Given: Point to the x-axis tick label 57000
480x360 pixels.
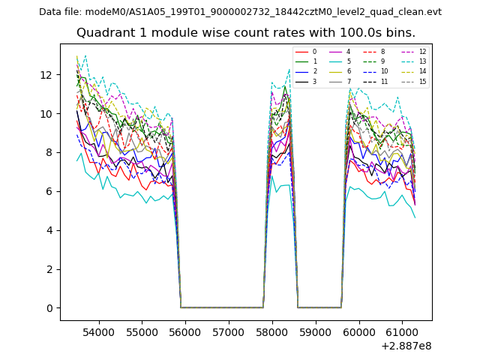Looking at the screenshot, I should click(228, 331).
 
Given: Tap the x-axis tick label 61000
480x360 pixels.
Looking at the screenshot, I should click(401, 331).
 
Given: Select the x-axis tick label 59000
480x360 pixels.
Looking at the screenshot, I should click(315, 331).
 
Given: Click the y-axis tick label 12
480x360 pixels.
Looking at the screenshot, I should click(46, 75).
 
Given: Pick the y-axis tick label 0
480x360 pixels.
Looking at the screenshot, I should click(49, 308).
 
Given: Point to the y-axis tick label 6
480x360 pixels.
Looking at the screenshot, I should click(49, 191).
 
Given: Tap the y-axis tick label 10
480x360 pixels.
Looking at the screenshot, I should click(46, 114).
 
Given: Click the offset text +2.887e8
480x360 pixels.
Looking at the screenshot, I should click(406, 346).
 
